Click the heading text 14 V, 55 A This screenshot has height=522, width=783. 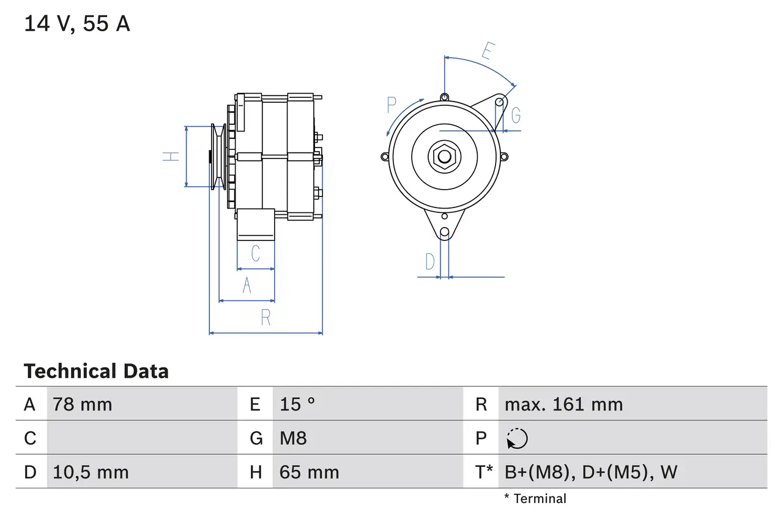tap(77, 24)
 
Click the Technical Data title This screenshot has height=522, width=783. tap(96, 371)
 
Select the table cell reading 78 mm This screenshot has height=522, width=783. tap(83, 405)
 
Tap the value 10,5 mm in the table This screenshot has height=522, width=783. tap(91, 472)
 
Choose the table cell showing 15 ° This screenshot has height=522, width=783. tap(297, 405)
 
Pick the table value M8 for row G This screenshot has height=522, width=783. tap(293, 438)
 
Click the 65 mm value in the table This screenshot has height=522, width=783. tap(309, 472)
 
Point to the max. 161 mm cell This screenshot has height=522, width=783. tap(563, 405)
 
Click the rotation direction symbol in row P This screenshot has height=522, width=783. tap(517, 438)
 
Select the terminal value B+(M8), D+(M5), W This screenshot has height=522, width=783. tap(591, 472)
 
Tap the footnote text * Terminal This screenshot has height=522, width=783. tap(535, 499)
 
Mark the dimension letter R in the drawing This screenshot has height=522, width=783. tap(265, 318)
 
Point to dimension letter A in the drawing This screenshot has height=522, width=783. tap(247, 285)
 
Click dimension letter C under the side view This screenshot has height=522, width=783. tap(256, 253)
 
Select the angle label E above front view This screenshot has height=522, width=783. tap(488, 51)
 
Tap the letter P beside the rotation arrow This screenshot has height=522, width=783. tap(392, 105)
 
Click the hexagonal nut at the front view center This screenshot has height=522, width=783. tap(444, 157)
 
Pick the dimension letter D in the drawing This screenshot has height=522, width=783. tap(430, 262)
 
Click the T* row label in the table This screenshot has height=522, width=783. tap(484, 472)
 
